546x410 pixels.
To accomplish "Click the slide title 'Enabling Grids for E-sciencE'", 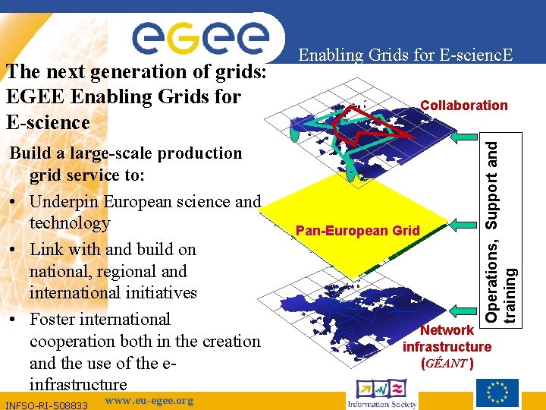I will (x=405, y=55).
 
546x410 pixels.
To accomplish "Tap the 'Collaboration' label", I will (x=463, y=106).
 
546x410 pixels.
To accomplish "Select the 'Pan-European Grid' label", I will (x=357, y=230).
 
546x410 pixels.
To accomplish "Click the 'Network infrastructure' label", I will (x=447, y=339).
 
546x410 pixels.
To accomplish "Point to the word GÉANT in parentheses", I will (x=447, y=363).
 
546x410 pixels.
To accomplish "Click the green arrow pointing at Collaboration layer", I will (x=463, y=137).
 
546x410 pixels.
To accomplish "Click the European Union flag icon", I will (x=497, y=393).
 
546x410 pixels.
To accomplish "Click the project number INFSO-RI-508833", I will (x=47, y=405).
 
